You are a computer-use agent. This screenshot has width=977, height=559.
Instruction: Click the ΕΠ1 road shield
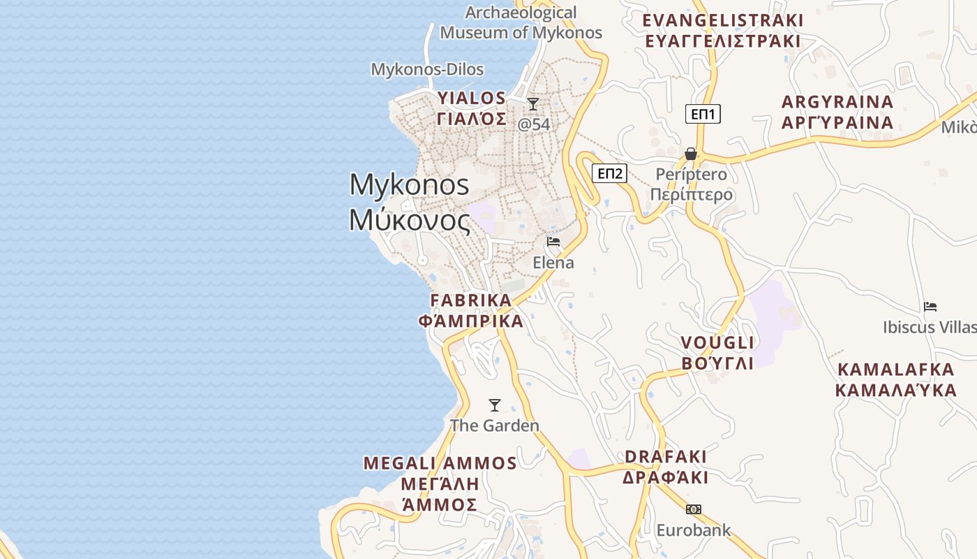point(703,114)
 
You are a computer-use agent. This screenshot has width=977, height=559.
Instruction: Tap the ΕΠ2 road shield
point(609,173)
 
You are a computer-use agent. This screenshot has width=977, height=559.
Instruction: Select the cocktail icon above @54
point(533,105)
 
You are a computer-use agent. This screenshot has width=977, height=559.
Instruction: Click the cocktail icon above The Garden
point(495,405)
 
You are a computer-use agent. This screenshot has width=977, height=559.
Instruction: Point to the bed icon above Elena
point(553,242)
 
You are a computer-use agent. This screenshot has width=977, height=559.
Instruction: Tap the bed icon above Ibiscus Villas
point(930,307)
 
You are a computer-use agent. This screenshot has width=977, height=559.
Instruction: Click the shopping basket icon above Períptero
point(691,154)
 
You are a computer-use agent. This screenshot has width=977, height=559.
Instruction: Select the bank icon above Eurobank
point(693,509)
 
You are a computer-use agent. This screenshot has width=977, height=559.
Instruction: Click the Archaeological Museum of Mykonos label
point(521,22)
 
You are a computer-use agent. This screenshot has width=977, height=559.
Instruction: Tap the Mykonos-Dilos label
point(427,69)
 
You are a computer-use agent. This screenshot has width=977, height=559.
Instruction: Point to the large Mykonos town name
point(410,202)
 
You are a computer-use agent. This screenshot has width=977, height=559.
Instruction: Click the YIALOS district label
point(472,108)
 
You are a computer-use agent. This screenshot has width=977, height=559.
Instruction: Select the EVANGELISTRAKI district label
point(723,30)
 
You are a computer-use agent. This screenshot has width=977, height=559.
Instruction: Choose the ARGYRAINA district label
point(837,112)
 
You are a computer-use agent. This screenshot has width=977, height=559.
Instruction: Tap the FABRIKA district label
point(471,310)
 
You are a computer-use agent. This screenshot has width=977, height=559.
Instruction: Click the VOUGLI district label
point(717,352)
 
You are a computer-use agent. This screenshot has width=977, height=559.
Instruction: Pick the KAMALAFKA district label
point(896,379)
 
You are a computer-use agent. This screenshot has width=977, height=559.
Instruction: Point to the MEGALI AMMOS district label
point(440,484)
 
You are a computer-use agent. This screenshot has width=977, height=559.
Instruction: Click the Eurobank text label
point(693,530)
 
